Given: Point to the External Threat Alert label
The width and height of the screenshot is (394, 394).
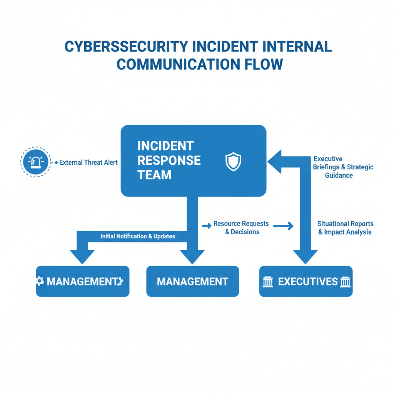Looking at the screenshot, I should tap(88, 163).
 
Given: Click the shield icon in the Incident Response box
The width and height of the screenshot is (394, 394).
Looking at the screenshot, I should tap(233, 161).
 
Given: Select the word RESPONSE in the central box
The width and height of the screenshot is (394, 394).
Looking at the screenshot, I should tap(169, 160).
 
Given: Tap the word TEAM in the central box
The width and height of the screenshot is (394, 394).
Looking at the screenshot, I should tap(154, 175).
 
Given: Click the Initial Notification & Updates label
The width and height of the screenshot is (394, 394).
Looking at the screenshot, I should tap(138, 236).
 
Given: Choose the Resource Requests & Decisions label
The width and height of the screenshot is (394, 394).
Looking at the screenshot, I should tap(241, 228).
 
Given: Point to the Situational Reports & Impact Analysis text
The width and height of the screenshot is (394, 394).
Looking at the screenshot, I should tap(345, 228).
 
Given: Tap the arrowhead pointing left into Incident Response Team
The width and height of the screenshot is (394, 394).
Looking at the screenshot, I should tap(275, 161).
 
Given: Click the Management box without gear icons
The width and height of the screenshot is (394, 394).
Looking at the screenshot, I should tap(192, 281).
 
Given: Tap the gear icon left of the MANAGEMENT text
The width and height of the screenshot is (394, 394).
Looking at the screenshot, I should tap(40, 281).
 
